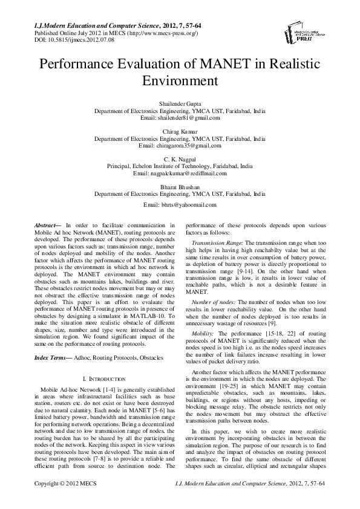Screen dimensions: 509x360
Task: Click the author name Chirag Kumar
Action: (180, 131)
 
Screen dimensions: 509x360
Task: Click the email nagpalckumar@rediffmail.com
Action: (180, 173)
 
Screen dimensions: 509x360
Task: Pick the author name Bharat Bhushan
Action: (180, 187)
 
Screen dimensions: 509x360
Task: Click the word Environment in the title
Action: (180, 80)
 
